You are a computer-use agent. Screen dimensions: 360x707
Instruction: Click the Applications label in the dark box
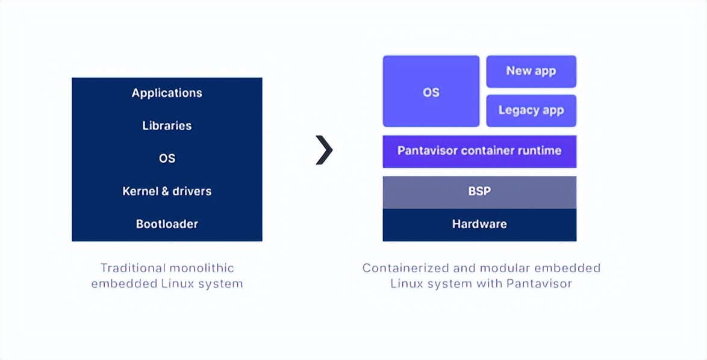pyautogui.click(x=167, y=93)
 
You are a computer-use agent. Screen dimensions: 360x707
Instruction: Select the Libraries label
pyautogui.click(x=167, y=125)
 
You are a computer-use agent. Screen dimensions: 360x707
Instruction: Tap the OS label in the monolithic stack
pyautogui.click(x=167, y=158)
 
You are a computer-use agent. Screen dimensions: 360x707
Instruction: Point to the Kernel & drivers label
pyautogui.click(x=167, y=191)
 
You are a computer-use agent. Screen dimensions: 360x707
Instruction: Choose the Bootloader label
pyautogui.click(x=167, y=224)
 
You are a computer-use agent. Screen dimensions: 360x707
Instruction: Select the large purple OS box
pyautogui.click(x=431, y=92)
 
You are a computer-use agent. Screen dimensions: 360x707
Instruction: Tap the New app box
pyautogui.click(x=531, y=71)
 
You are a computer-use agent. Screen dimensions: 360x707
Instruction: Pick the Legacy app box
pyautogui.click(x=531, y=110)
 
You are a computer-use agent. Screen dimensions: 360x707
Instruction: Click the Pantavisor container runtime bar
pyautogui.click(x=479, y=151)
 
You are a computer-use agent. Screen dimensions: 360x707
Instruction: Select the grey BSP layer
pyautogui.click(x=479, y=191)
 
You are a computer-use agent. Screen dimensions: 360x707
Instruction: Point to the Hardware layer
pyautogui.click(x=479, y=225)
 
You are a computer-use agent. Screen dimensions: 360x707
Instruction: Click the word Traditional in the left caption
pyautogui.click(x=132, y=268)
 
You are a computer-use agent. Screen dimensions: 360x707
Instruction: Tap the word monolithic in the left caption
pyautogui.click(x=202, y=268)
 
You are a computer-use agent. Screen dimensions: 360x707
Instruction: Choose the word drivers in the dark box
pyautogui.click(x=192, y=191)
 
